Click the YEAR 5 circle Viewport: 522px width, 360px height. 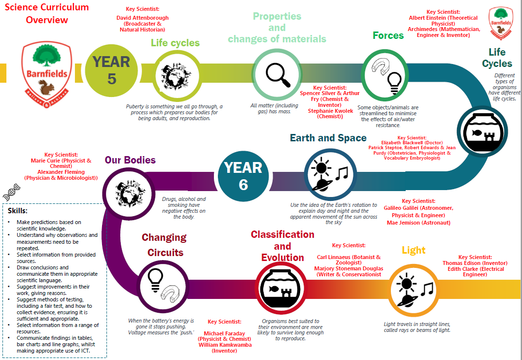[x=111, y=70]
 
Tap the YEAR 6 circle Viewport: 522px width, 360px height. [x=244, y=176]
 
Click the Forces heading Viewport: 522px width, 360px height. [x=388, y=35]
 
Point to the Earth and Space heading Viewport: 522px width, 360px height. [x=328, y=138]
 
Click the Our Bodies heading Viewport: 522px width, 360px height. [x=130, y=160]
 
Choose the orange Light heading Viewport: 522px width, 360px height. [x=414, y=250]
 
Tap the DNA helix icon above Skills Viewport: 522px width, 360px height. [x=12, y=192]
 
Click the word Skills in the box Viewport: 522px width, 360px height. [x=17, y=211]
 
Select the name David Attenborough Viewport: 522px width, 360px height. [x=142, y=18]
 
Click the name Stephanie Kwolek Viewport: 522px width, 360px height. [x=330, y=111]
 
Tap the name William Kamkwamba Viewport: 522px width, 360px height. [x=225, y=345]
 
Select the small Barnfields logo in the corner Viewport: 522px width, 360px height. [x=501, y=23]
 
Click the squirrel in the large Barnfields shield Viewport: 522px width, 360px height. [x=47, y=88]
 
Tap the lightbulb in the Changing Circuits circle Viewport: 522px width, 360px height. [x=155, y=280]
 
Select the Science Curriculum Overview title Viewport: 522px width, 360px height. [x=47, y=13]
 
